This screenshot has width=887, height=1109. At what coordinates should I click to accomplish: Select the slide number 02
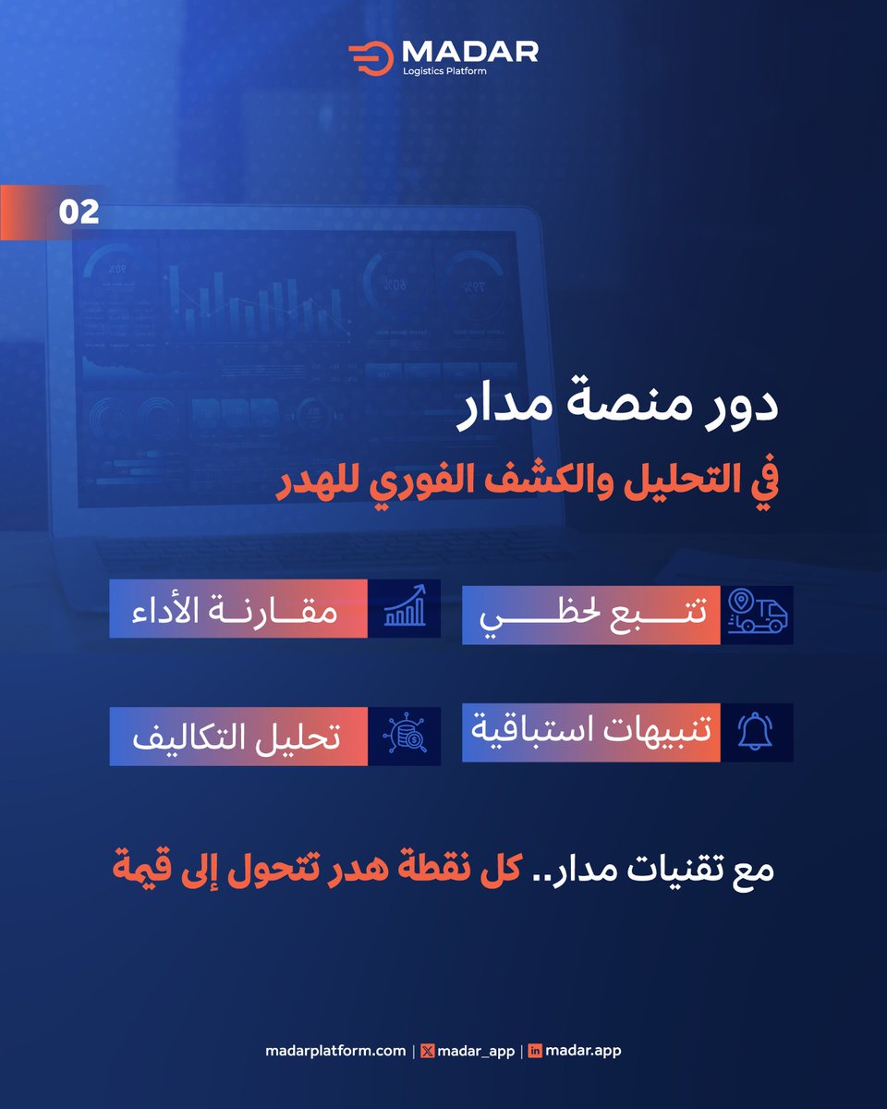pos(79,213)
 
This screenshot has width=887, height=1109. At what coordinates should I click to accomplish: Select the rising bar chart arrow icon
pos(404,607)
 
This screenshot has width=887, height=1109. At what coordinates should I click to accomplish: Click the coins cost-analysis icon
pos(404,736)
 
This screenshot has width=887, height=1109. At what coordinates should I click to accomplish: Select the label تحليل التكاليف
pos(238,737)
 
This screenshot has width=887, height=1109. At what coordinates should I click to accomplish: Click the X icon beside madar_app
pos(426,1051)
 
